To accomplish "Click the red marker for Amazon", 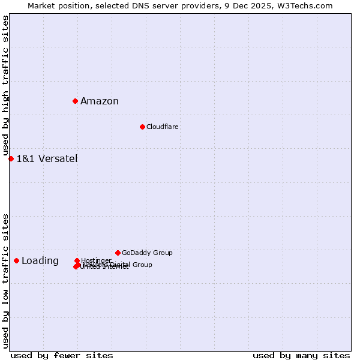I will coord(75,101).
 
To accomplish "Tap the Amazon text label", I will coord(100,101).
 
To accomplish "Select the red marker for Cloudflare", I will coord(142,127).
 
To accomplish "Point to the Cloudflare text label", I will coord(163,127).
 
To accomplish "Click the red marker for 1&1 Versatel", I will coord(11,158).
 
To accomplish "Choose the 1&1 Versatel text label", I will coord(47,158).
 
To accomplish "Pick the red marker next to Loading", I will coord(16,260).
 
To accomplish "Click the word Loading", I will coord(40,260).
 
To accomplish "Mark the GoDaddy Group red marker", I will coord(118,253).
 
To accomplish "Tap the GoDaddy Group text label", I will coord(147,253).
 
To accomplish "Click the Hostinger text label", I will coord(97,260).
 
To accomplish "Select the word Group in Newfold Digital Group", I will coord(142,265).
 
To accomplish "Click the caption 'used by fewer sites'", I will coord(62,355).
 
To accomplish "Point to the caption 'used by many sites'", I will coord(301,355).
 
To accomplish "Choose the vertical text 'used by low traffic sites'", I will coord(5,280).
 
